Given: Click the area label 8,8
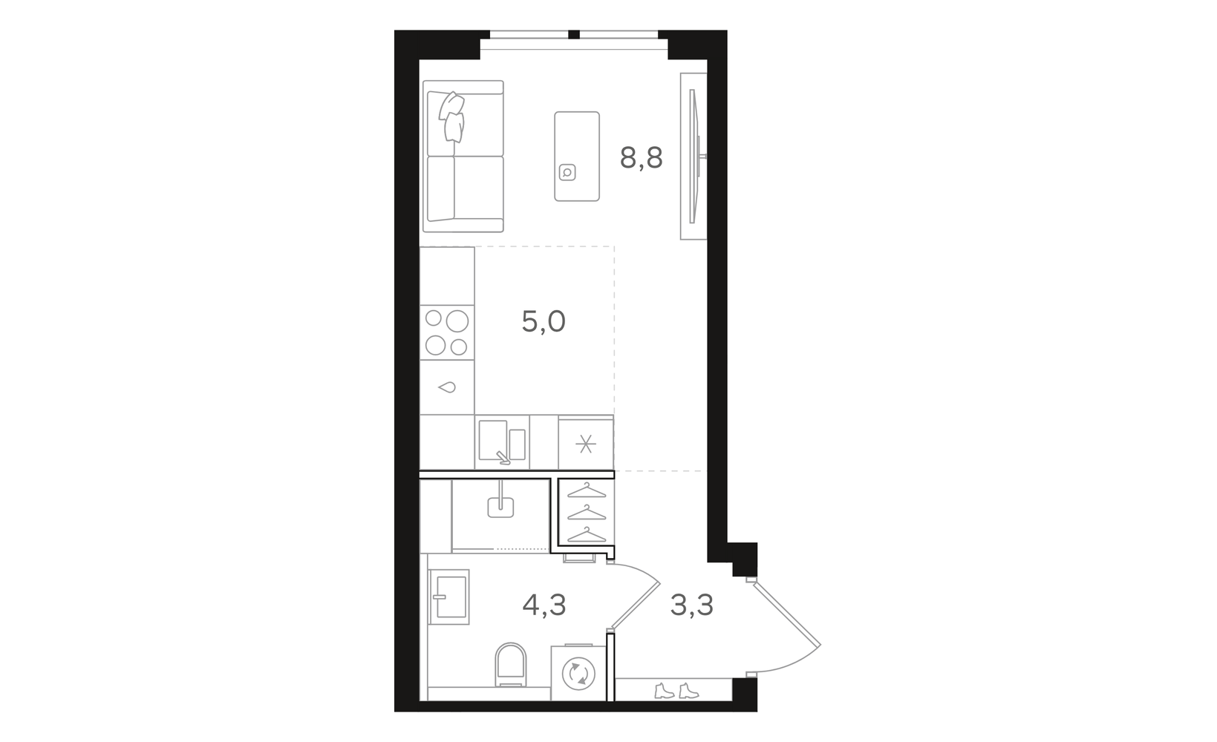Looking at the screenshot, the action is [641, 159].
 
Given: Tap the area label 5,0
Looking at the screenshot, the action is [544, 321].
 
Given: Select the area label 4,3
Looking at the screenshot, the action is [544, 605].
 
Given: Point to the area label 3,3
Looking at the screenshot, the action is [691, 605].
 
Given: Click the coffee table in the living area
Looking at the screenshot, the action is [577, 157].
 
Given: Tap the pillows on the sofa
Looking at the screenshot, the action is [452, 116].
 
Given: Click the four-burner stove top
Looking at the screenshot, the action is [446, 332].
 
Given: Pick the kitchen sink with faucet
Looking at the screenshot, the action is [502, 442].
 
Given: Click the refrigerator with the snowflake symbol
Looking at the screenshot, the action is [586, 444].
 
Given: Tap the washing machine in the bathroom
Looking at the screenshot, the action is [578, 672].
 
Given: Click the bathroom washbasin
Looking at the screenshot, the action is [448, 597].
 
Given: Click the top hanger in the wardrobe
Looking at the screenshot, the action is [587, 490].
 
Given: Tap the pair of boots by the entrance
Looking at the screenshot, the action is [676, 691].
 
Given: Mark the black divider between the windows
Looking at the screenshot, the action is [574, 35].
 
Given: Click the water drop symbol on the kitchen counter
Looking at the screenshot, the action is [446, 387].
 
